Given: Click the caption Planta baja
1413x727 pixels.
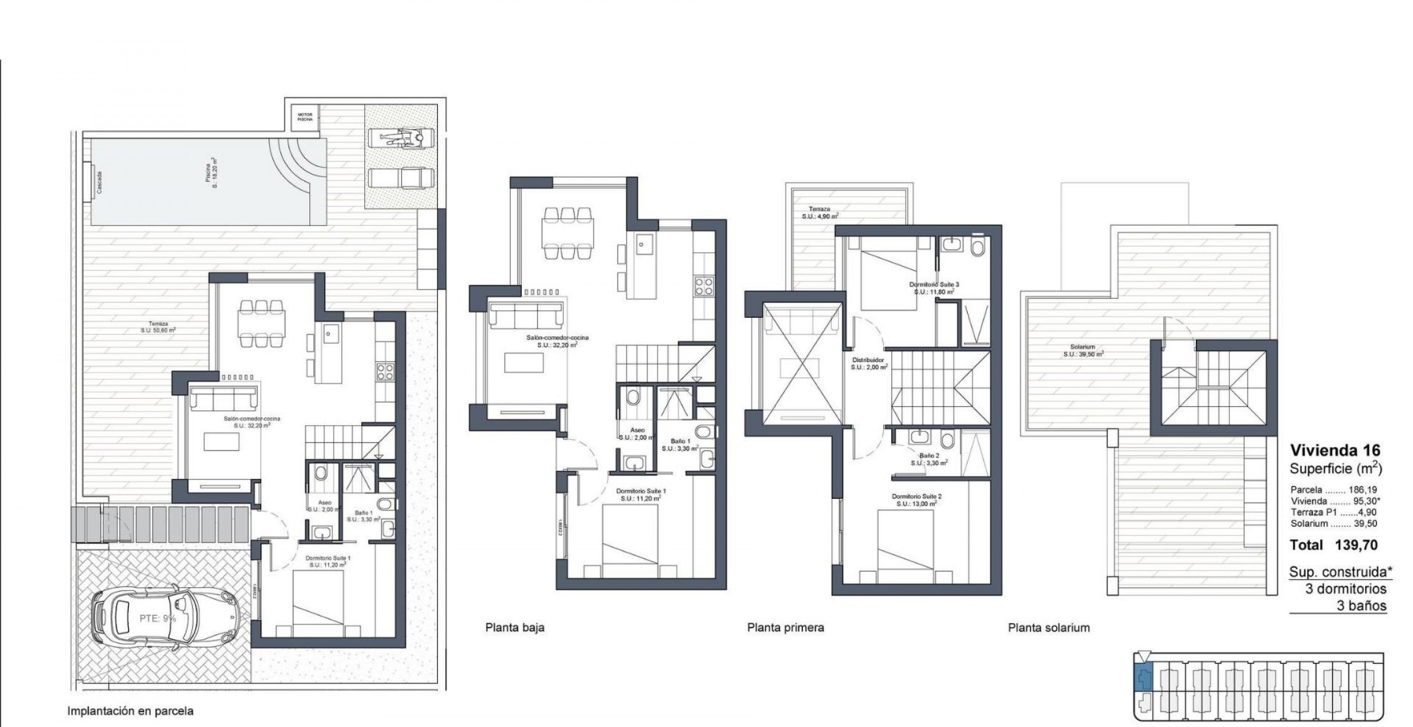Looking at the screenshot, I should [x=515, y=628].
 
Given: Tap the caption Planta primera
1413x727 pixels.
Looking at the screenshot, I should [x=785, y=628].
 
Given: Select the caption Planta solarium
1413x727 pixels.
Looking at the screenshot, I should [x=1049, y=628].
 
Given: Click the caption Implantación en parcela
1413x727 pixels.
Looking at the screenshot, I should [x=130, y=712].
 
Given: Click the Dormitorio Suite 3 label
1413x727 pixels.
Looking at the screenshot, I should [x=933, y=288].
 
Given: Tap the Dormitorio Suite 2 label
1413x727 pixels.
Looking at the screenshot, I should [x=916, y=499].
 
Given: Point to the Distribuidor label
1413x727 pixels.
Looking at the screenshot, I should [x=869, y=364].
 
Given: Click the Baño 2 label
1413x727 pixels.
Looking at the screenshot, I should [x=930, y=459].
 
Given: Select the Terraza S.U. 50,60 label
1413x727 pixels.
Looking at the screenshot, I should [x=158, y=327].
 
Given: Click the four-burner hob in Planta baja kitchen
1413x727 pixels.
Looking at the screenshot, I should [x=703, y=285].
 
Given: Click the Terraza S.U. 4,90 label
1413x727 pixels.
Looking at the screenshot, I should [x=820, y=212].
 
